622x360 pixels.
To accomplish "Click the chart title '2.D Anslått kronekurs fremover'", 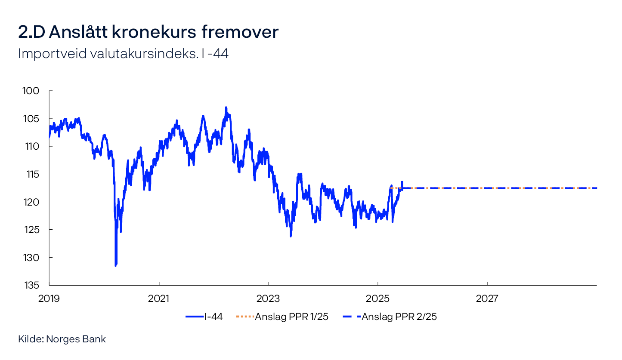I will (148, 33).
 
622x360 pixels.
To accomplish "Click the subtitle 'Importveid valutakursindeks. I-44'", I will (123, 54).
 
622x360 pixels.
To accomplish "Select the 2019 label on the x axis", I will (49, 298).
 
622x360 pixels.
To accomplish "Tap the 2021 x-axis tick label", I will (159, 298).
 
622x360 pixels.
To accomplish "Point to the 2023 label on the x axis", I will (268, 298).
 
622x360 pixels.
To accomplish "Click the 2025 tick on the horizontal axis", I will (378, 298).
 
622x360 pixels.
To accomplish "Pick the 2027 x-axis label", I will (487, 298).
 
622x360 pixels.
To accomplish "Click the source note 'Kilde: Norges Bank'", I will (62, 339).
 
